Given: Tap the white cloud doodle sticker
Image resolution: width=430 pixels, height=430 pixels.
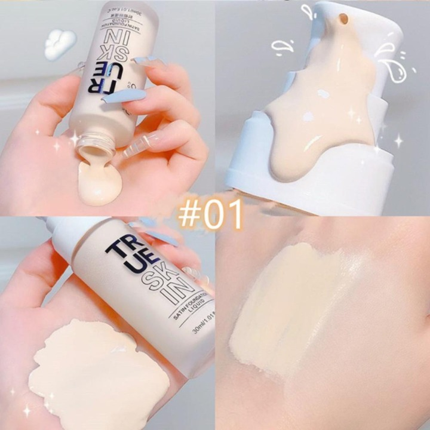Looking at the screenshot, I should [60, 44].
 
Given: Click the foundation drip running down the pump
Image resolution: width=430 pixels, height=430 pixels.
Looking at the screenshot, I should [316, 119].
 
